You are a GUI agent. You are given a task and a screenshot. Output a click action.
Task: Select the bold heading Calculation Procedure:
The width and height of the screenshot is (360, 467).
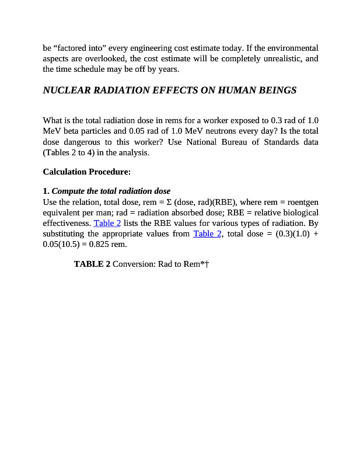(87, 172)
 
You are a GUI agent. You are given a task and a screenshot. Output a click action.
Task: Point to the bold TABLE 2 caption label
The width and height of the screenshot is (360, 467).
(92, 264)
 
